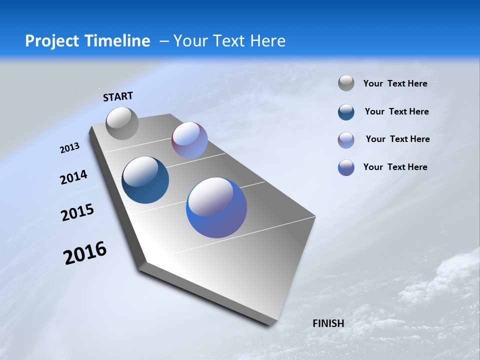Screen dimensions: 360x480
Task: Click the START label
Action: [x=118, y=96]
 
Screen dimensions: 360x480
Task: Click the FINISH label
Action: [x=328, y=323]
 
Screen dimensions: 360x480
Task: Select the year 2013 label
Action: [x=69, y=148]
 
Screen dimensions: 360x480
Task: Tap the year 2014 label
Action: [x=73, y=177]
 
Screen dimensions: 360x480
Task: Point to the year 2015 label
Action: [x=77, y=212]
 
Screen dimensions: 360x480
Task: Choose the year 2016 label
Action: [x=85, y=253]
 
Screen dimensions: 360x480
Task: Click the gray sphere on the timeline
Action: [x=122, y=123]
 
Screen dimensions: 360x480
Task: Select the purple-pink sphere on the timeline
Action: [x=189, y=140]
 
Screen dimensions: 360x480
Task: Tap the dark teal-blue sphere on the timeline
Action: [x=145, y=180]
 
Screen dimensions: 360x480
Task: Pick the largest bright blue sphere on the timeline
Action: [x=216, y=207]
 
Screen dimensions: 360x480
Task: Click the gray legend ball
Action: [x=346, y=83]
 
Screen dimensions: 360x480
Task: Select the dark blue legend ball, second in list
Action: [x=346, y=112]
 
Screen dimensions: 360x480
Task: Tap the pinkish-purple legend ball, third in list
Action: [x=346, y=140]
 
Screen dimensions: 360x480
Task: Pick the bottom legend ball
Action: [x=346, y=167]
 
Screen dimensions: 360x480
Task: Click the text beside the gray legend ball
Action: [x=395, y=83]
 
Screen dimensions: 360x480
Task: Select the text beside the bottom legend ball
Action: [x=395, y=167]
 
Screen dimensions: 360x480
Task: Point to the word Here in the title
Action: [x=268, y=41]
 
